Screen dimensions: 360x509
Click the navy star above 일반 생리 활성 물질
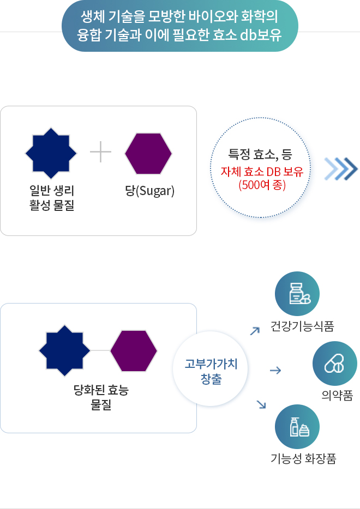[x=51, y=153]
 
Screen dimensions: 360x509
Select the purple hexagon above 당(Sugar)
[x=148, y=153]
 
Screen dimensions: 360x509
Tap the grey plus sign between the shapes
[x=100, y=152]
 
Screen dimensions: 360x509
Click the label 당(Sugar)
[x=150, y=191]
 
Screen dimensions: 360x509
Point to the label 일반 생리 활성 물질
[x=52, y=198]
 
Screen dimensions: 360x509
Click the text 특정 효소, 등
[x=260, y=154]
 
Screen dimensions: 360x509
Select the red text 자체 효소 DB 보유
[x=262, y=172]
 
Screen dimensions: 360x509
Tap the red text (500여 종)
[x=262, y=185]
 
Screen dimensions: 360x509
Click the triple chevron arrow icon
[x=341, y=168]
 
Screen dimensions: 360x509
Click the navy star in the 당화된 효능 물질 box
[x=64, y=350]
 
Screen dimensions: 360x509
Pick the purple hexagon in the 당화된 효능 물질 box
[x=134, y=350]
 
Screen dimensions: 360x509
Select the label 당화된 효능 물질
[x=101, y=397]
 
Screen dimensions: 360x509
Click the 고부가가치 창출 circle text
[x=211, y=371]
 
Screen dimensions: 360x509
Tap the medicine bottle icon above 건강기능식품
[x=300, y=294]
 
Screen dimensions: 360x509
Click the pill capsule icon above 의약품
[x=334, y=363]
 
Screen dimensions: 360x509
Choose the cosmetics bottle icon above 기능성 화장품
[x=299, y=427]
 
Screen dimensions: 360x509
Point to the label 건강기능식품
[x=303, y=326]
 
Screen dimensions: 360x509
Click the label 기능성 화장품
[x=303, y=458]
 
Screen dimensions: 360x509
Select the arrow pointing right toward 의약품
[x=275, y=370]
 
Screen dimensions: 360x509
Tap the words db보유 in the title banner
[x=261, y=35]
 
